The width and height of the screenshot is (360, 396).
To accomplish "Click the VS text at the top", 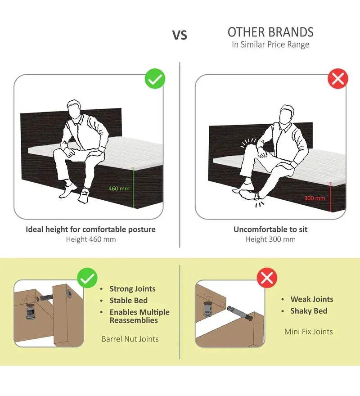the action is click(x=180, y=35).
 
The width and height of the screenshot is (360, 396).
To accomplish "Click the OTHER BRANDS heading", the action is click(x=270, y=32).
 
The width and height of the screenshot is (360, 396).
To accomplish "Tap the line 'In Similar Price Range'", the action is click(x=270, y=45).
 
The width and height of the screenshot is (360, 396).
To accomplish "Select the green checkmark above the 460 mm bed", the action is click(x=155, y=79).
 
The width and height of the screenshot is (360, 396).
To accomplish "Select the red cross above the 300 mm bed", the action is click(x=338, y=79).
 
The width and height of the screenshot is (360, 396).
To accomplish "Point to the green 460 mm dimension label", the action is click(x=119, y=189).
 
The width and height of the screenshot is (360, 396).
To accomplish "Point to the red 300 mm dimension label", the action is click(x=315, y=198).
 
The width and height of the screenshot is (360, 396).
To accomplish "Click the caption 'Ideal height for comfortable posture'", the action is click(x=90, y=229).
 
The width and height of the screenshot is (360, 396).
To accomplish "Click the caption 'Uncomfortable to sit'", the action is click(x=270, y=229).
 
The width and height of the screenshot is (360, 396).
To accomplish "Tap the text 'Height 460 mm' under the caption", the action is click(x=91, y=239).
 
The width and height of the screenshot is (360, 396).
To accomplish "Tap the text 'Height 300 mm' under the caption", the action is click(x=270, y=239).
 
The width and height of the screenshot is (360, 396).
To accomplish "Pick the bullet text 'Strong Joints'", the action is click(x=132, y=289).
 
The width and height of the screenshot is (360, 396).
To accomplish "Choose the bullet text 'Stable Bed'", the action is click(x=128, y=301).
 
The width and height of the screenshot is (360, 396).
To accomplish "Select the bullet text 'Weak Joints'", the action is click(x=312, y=299).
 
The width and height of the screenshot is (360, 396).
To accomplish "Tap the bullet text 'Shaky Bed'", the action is click(x=309, y=311).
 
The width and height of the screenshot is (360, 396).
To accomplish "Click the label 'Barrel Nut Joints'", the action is click(x=130, y=339).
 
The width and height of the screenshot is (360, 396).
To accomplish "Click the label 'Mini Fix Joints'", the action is click(x=308, y=332).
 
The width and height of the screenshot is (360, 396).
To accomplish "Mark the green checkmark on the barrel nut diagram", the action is click(x=87, y=278).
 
